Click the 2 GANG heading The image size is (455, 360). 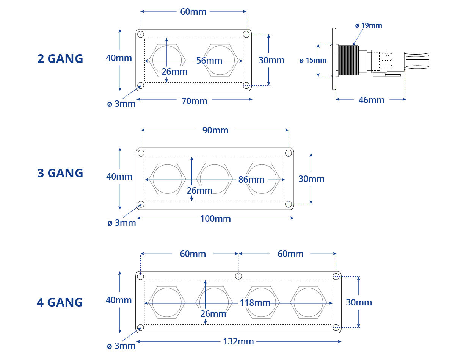pyautogui.click(x=60, y=59)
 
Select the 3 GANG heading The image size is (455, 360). pyautogui.click(x=60, y=173)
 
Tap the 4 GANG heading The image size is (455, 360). pyautogui.click(x=60, y=302)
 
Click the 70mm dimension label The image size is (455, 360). pyautogui.click(x=194, y=101)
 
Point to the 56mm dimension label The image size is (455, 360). pyautogui.click(x=209, y=61)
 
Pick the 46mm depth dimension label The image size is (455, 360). pyautogui.click(x=372, y=100)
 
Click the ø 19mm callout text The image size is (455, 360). pyautogui.click(x=369, y=25)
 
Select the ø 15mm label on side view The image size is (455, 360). pyautogui.click(x=313, y=60)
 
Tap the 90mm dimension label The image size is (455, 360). pyautogui.click(x=215, y=130)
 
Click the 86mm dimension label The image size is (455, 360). pyautogui.click(x=251, y=180)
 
